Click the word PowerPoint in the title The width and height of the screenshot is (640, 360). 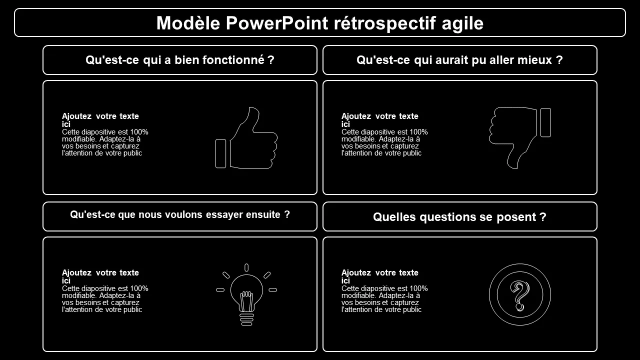point(277,23)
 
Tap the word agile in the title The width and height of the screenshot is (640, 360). point(462,23)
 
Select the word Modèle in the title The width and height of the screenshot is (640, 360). point(188,23)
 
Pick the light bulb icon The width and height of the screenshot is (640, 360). point(246,294)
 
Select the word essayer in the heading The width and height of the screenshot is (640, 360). point(224,215)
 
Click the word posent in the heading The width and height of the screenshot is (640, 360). point(516,217)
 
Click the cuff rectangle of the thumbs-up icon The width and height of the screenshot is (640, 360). point(220,153)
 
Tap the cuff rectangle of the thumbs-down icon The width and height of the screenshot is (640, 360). point(545,122)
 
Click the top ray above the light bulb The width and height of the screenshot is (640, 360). point(246,267)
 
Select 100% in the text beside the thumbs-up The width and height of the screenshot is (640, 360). point(139,132)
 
